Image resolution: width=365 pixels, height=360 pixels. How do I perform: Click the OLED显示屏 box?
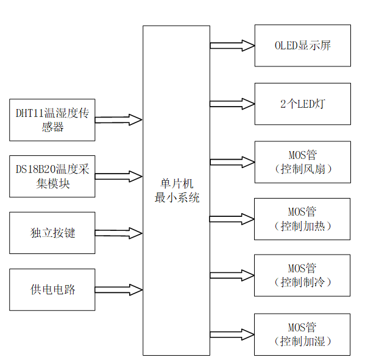coord(302,46)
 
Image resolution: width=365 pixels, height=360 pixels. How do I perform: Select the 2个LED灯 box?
coord(302,104)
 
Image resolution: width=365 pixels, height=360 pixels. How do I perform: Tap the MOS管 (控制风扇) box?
coord(302,161)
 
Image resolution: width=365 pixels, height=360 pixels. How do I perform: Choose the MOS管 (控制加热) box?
coord(302,219)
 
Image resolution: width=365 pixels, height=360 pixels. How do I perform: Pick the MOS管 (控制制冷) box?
coord(302,275)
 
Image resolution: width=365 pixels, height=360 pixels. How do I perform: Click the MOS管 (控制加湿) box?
coord(302,334)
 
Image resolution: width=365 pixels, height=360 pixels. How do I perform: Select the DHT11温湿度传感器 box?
coord(52,120)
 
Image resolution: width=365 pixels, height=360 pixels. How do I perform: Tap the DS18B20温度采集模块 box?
coord(52,177)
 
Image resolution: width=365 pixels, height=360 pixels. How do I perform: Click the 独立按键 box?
coord(52,233)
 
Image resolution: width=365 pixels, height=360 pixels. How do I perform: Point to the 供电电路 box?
coord(52,289)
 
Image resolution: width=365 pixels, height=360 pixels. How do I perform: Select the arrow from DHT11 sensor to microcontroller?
coord(119,120)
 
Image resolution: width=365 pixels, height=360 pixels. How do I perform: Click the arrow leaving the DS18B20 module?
coord(119,177)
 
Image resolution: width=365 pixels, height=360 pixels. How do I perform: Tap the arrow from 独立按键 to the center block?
coord(119,233)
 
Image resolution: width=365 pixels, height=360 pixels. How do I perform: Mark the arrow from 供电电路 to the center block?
coord(119,289)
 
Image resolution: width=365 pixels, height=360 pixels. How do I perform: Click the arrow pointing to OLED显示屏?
coord(232,45)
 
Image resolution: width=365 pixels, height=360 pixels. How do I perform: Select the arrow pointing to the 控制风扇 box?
coord(232,161)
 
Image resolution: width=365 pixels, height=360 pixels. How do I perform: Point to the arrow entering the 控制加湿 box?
coord(232,334)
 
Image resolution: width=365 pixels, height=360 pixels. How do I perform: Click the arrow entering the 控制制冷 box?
coord(232,275)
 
